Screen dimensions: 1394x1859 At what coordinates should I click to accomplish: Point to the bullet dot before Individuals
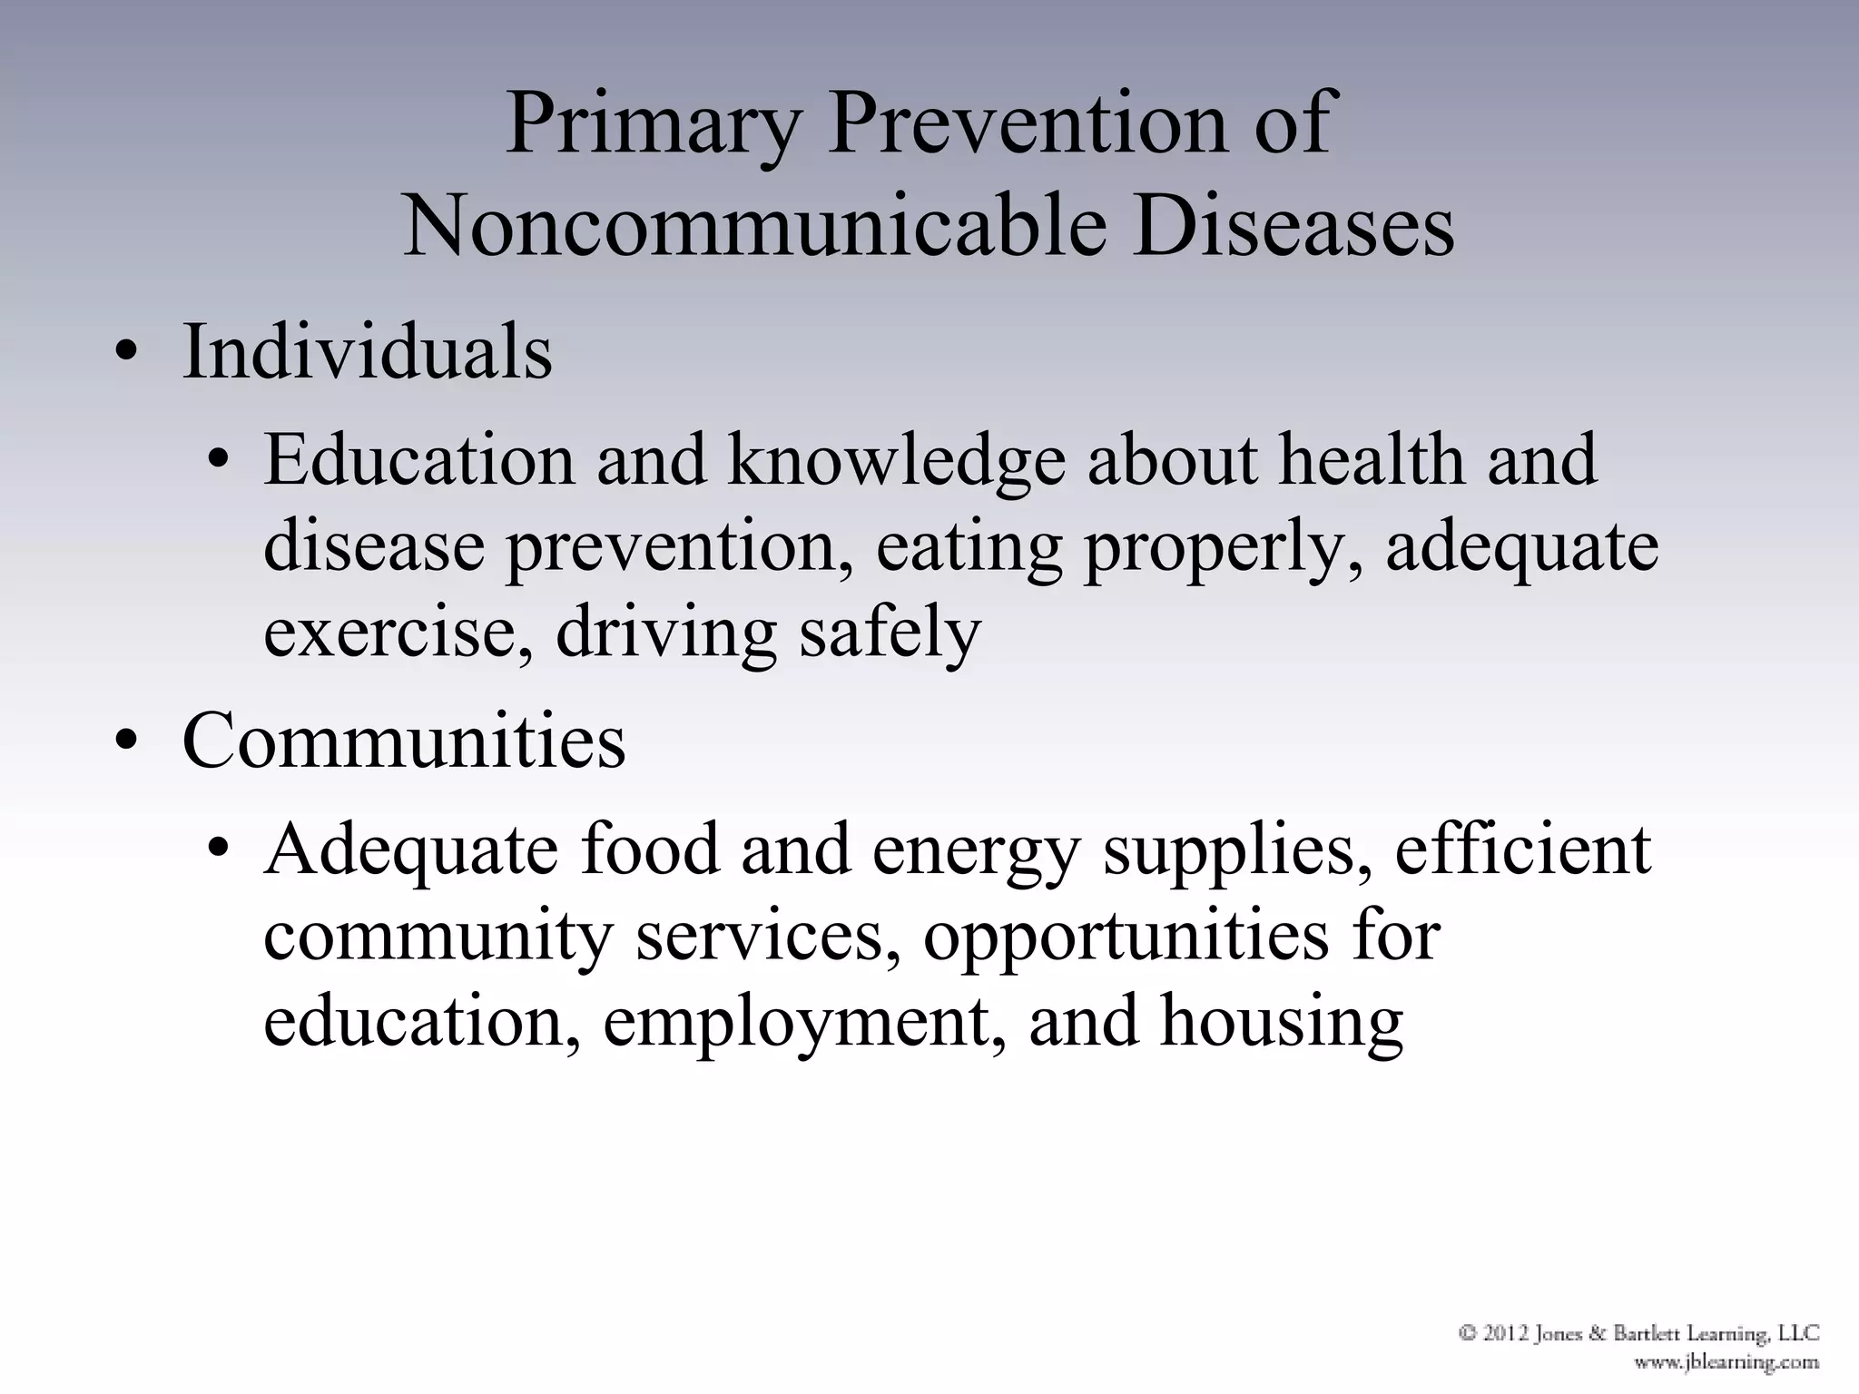point(126,357)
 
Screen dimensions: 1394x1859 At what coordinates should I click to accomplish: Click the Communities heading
point(404,741)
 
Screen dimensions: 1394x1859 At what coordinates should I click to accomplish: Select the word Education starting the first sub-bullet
point(418,460)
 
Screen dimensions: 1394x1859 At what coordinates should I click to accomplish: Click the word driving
point(666,633)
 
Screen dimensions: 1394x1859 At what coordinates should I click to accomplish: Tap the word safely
point(890,633)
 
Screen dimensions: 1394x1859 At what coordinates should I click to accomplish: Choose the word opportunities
point(1126,937)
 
